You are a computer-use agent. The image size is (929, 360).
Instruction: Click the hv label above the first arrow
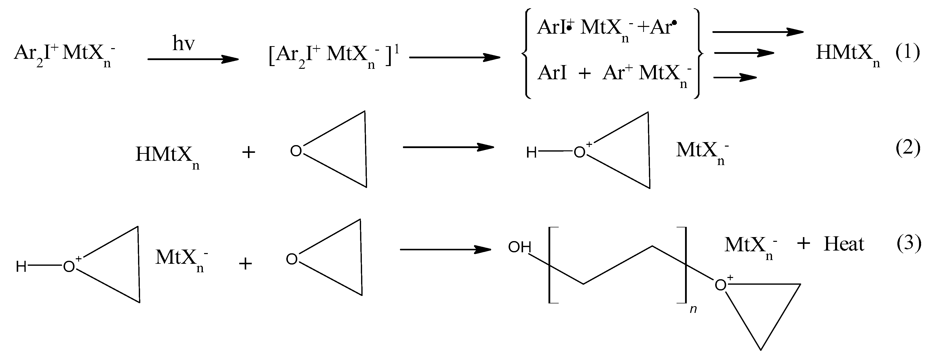click(x=184, y=44)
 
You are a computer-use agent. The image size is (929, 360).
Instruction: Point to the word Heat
click(x=844, y=245)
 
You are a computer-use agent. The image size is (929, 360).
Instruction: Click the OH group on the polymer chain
click(x=520, y=248)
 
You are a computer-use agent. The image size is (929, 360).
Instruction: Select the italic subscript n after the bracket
click(x=693, y=309)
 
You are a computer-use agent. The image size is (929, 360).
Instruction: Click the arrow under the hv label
click(x=193, y=59)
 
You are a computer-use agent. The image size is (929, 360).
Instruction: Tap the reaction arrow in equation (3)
click(x=445, y=249)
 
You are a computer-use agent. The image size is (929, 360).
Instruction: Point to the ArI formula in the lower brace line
click(x=552, y=73)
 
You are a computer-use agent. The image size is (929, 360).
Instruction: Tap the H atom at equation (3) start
click(x=21, y=267)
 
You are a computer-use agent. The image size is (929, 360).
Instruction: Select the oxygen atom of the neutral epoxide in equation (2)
click(x=296, y=151)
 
